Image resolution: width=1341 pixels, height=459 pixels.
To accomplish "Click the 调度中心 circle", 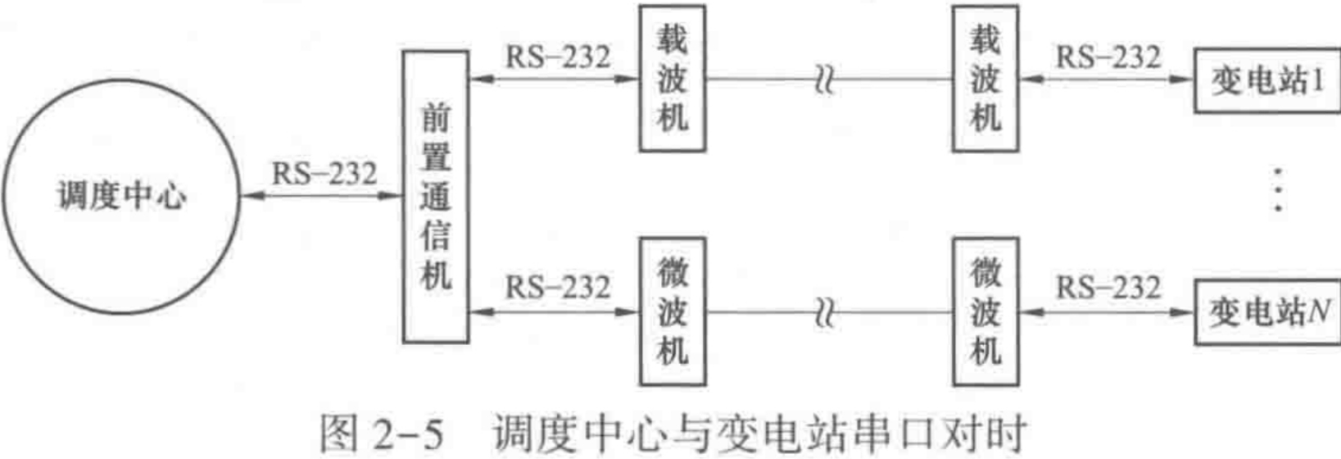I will (x=120, y=197).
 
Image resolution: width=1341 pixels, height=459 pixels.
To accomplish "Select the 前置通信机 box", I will (x=435, y=197).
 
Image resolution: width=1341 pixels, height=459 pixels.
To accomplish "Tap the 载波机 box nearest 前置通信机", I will (x=672, y=80).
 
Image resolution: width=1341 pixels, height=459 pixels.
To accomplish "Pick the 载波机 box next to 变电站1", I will (x=985, y=80).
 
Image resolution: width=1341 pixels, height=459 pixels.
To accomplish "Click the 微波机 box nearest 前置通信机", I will (x=672, y=311).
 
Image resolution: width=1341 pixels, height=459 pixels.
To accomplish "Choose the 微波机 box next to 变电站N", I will (x=985, y=311).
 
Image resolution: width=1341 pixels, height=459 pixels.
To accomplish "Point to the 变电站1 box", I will (x=1266, y=80).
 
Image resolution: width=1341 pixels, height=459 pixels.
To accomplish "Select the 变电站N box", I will (x=1266, y=312).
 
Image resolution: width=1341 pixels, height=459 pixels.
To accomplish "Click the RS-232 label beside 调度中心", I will (x=324, y=174).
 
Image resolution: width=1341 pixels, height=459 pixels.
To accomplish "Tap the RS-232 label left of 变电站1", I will (x=1108, y=57).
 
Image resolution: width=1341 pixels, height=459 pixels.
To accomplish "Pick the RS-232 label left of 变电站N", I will (x=1108, y=288).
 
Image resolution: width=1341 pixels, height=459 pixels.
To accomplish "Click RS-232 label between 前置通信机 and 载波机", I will (x=557, y=57).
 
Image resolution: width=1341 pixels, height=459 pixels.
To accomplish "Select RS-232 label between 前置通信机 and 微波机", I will (x=557, y=288).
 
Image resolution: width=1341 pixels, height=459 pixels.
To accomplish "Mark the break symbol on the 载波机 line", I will (x=824, y=80).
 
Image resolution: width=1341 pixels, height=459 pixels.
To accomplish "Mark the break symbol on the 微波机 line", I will (x=824, y=312).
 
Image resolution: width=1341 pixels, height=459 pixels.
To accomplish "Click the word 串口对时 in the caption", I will (x=942, y=434).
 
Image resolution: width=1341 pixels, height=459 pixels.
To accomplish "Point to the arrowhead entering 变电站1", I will (x=1185, y=80).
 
